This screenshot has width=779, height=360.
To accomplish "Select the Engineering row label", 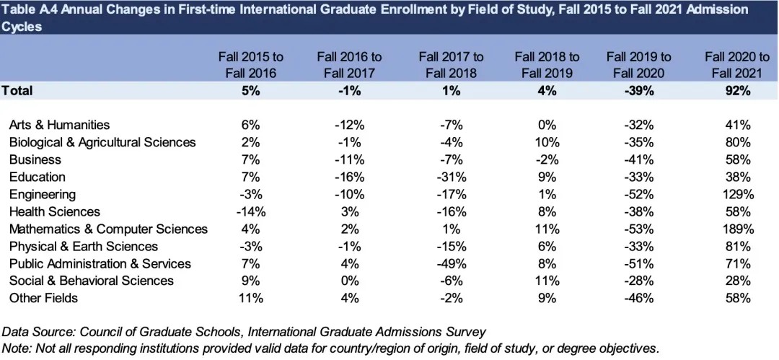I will pyautogui.click(x=42, y=194).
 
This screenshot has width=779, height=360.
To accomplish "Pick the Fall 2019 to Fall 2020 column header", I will pyautogui.click(x=638, y=64).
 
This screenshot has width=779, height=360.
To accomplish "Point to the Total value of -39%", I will pyautogui.click(x=638, y=91).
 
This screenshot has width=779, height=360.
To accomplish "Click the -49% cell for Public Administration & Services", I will pyautogui.click(x=451, y=263).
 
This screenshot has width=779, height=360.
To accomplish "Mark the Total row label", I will pyautogui.click(x=17, y=91).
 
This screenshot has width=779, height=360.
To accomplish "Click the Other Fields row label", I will pyautogui.click(x=43, y=298).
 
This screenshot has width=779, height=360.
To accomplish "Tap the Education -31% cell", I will pyautogui.click(x=451, y=177).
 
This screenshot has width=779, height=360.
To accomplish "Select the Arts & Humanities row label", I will pyautogui.click(x=59, y=125).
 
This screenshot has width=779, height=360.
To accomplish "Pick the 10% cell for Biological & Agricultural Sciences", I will pyautogui.click(x=546, y=142).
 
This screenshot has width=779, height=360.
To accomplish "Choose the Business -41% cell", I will pyautogui.click(x=638, y=159).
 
